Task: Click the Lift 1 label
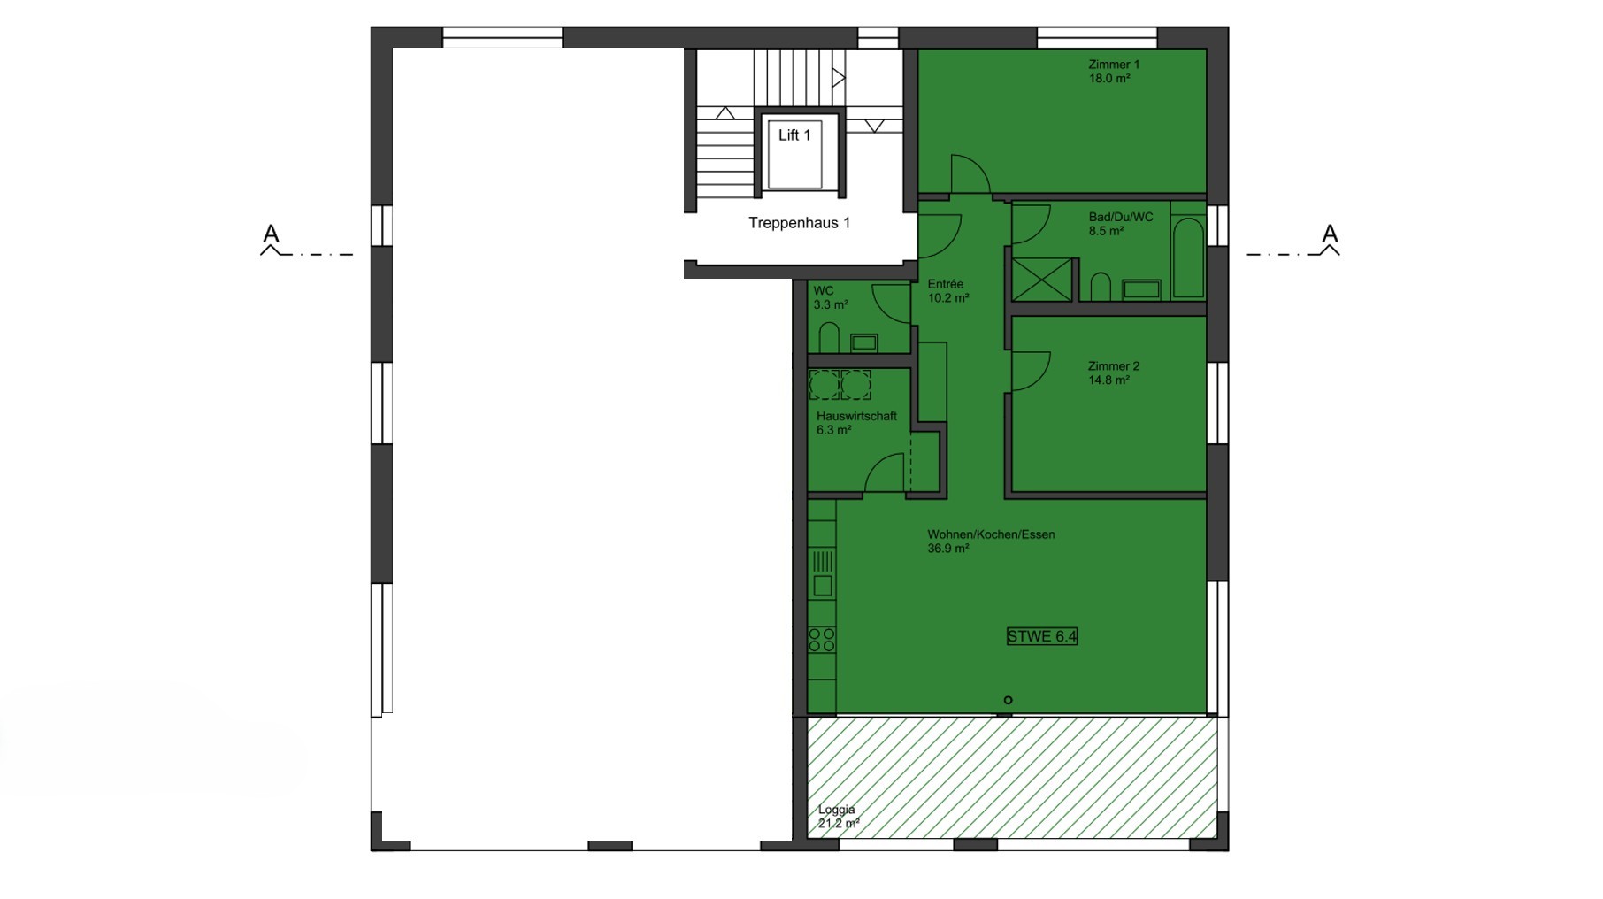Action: point(794,135)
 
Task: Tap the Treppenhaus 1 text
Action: point(799,223)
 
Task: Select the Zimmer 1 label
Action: point(1114,65)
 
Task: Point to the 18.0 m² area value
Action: point(1109,79)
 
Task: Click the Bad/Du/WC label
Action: point(1121,218)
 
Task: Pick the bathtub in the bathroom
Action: point(1187,257)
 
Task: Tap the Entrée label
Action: point(945,284)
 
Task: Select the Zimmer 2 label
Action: point(1114,366)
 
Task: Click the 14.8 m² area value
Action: point(1109,380)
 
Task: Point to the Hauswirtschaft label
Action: point(856,416)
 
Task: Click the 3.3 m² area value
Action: point(831,305)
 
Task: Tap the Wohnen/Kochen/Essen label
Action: point(991,534)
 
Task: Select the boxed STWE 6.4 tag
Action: point(1042,636)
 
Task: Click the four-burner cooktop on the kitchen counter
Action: point(822,640)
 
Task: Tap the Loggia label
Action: point(836,810)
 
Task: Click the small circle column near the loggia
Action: point(1008,700)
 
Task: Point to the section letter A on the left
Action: point(271,234)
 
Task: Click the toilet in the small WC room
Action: point(829,338)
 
